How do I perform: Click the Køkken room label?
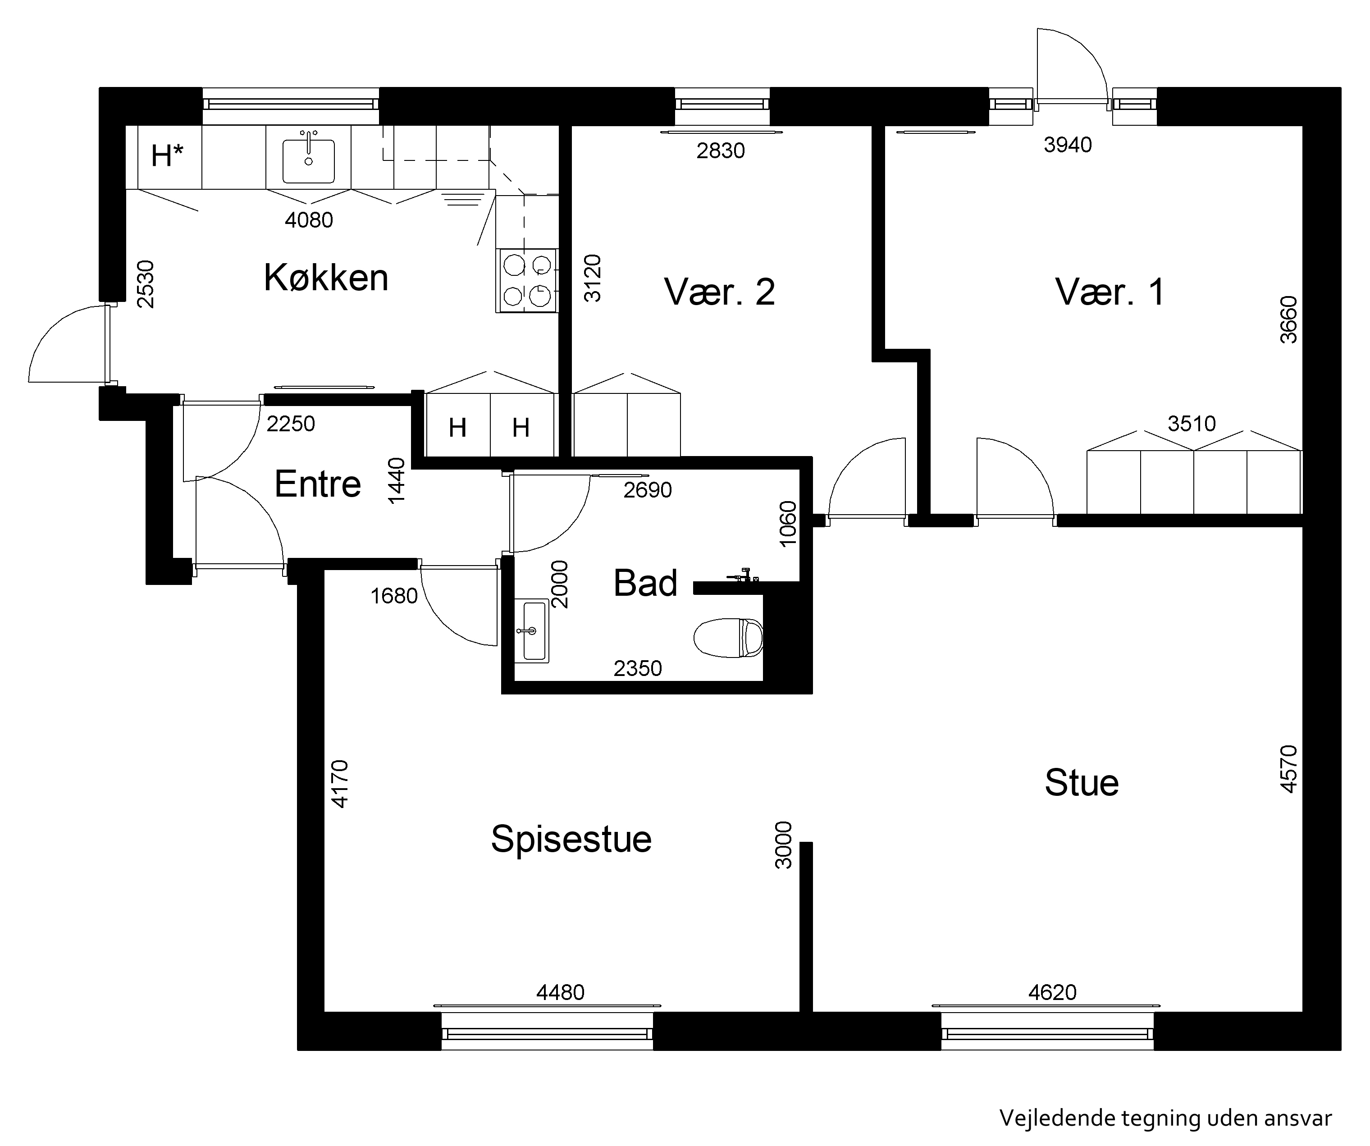click(326, 277)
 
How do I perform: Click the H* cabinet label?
click(167, 156)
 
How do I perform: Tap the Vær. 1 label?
click(1110, 292)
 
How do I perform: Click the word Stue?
click(1082, 783)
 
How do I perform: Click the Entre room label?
click(318, 484)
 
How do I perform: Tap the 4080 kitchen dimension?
click(309, 220)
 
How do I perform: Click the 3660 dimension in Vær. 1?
click(1288, 320)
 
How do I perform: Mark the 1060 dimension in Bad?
click(788, 519)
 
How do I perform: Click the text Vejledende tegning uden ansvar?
click(1165, 1118)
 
